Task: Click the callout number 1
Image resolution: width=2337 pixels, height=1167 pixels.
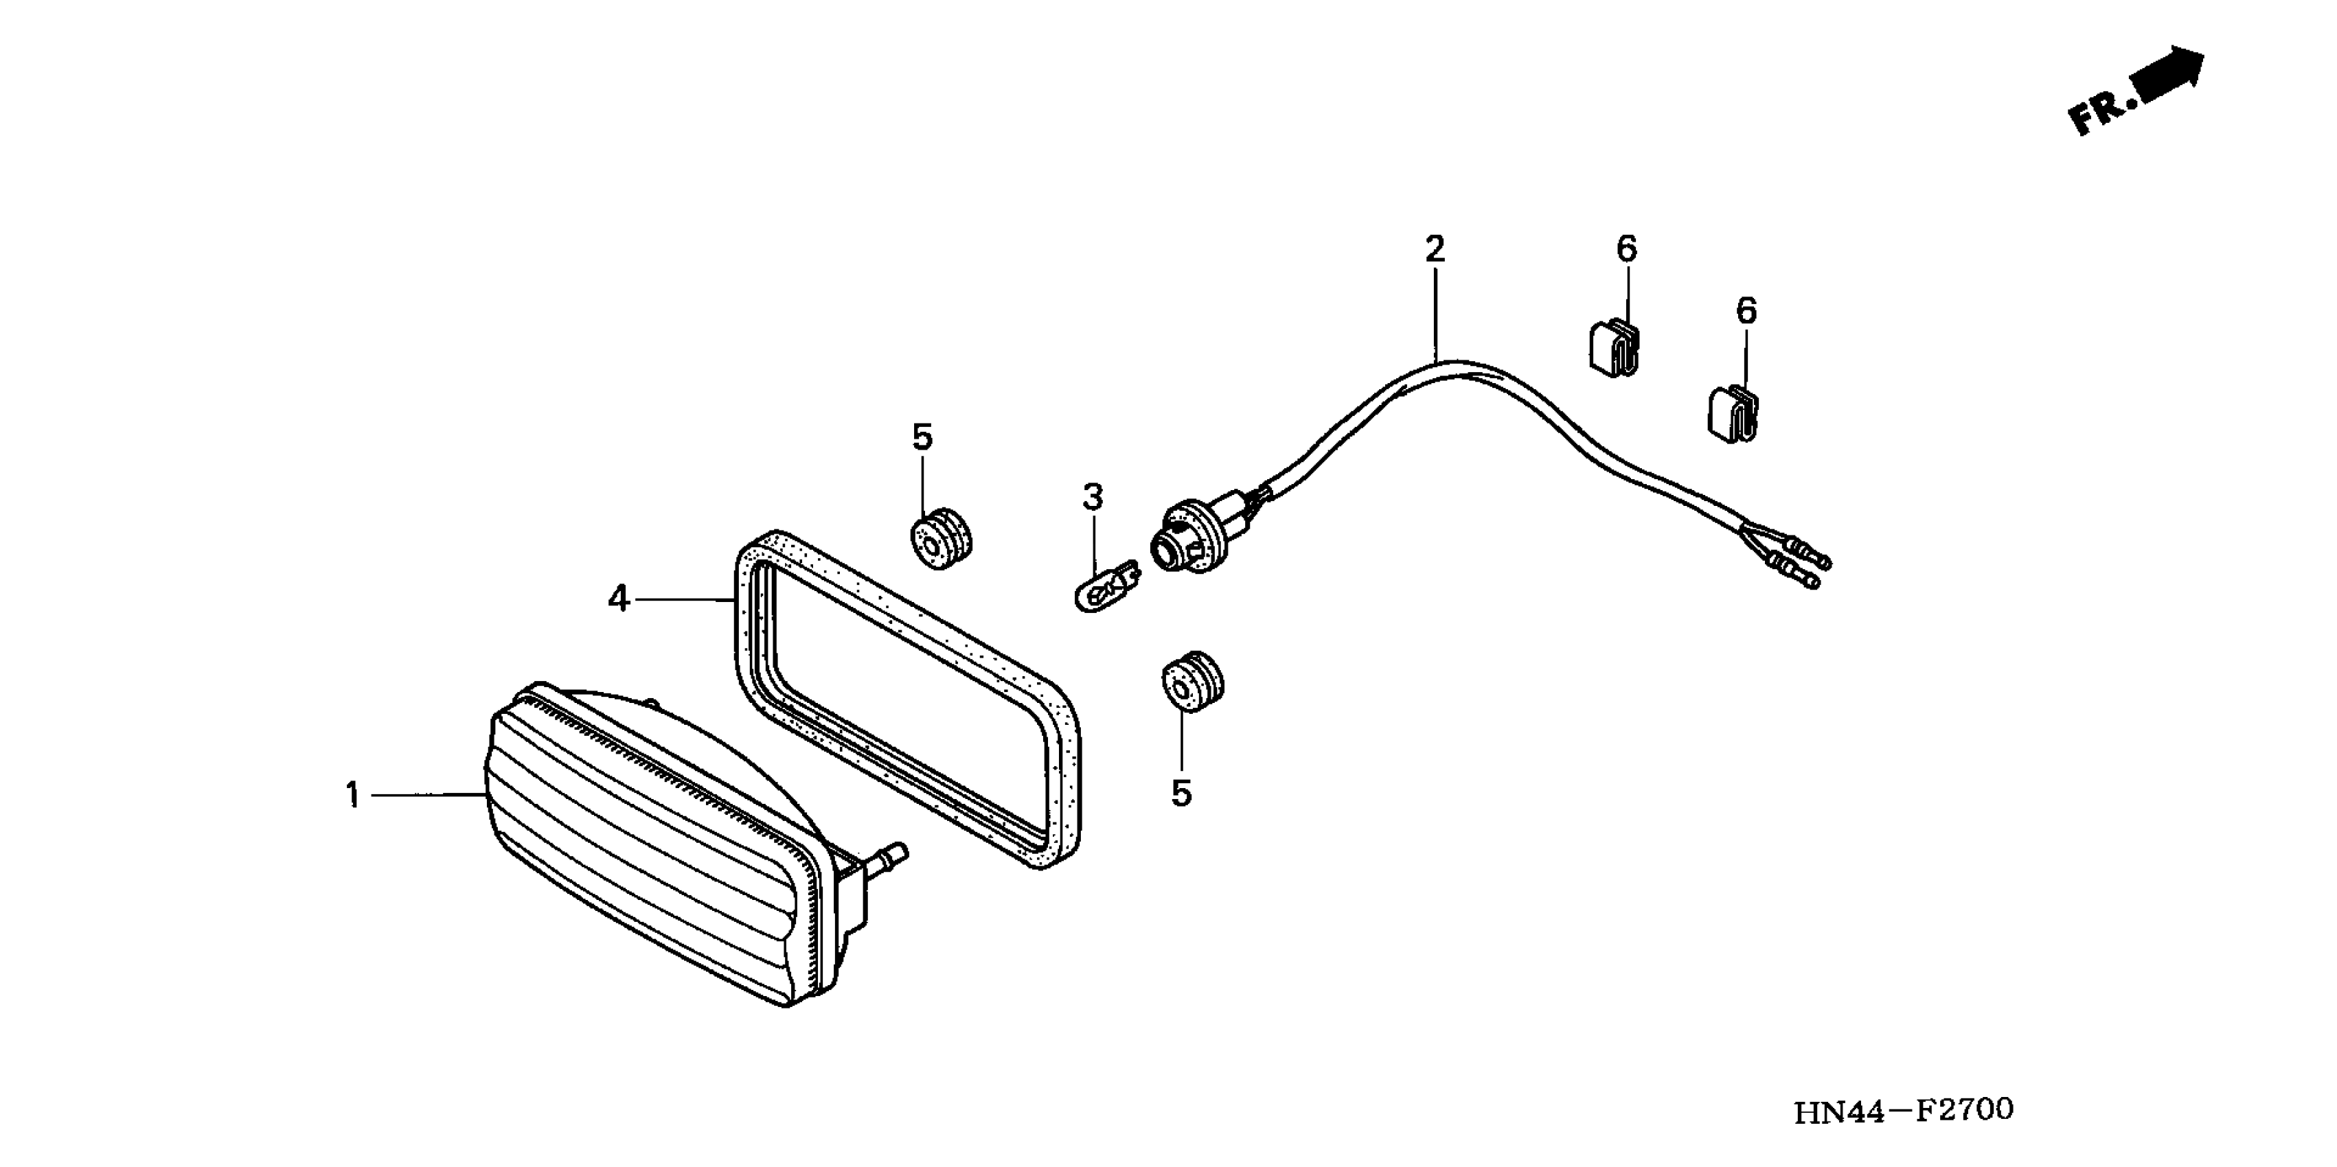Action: (352, 795)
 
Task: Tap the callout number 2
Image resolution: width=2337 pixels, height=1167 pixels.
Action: (1435, 249)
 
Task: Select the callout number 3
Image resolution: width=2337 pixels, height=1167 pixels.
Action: (1093, 497)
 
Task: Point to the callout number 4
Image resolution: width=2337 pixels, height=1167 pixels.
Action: (619, 599)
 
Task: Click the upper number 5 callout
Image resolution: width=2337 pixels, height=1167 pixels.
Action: (922, 437)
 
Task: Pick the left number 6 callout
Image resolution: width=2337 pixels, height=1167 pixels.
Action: (1627, 249)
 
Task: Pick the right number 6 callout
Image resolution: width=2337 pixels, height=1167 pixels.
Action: (1746, 311)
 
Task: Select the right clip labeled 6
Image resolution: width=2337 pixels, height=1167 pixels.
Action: (1732, 415)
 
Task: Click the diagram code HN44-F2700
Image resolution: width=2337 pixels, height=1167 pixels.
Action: (1904, 1111)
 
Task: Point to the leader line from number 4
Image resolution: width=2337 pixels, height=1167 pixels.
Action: (682, 599)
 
